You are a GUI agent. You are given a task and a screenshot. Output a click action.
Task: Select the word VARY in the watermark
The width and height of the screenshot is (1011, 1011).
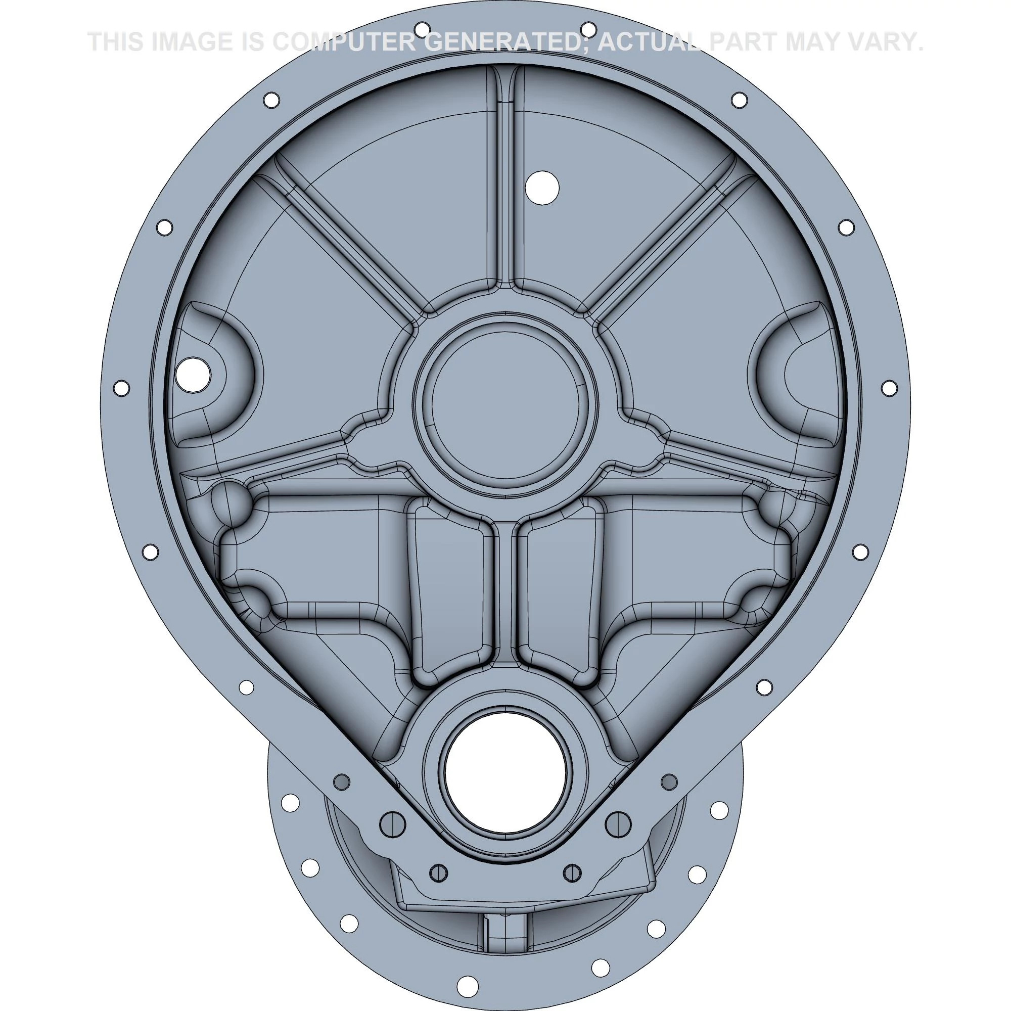(873, 42)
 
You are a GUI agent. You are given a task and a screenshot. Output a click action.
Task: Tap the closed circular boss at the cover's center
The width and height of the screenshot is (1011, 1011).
(505, 401)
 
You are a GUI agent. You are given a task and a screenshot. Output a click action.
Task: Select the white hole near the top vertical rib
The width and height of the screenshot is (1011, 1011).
(542, 188)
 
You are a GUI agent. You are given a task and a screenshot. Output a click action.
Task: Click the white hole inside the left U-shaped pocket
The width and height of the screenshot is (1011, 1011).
(194, 374)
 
